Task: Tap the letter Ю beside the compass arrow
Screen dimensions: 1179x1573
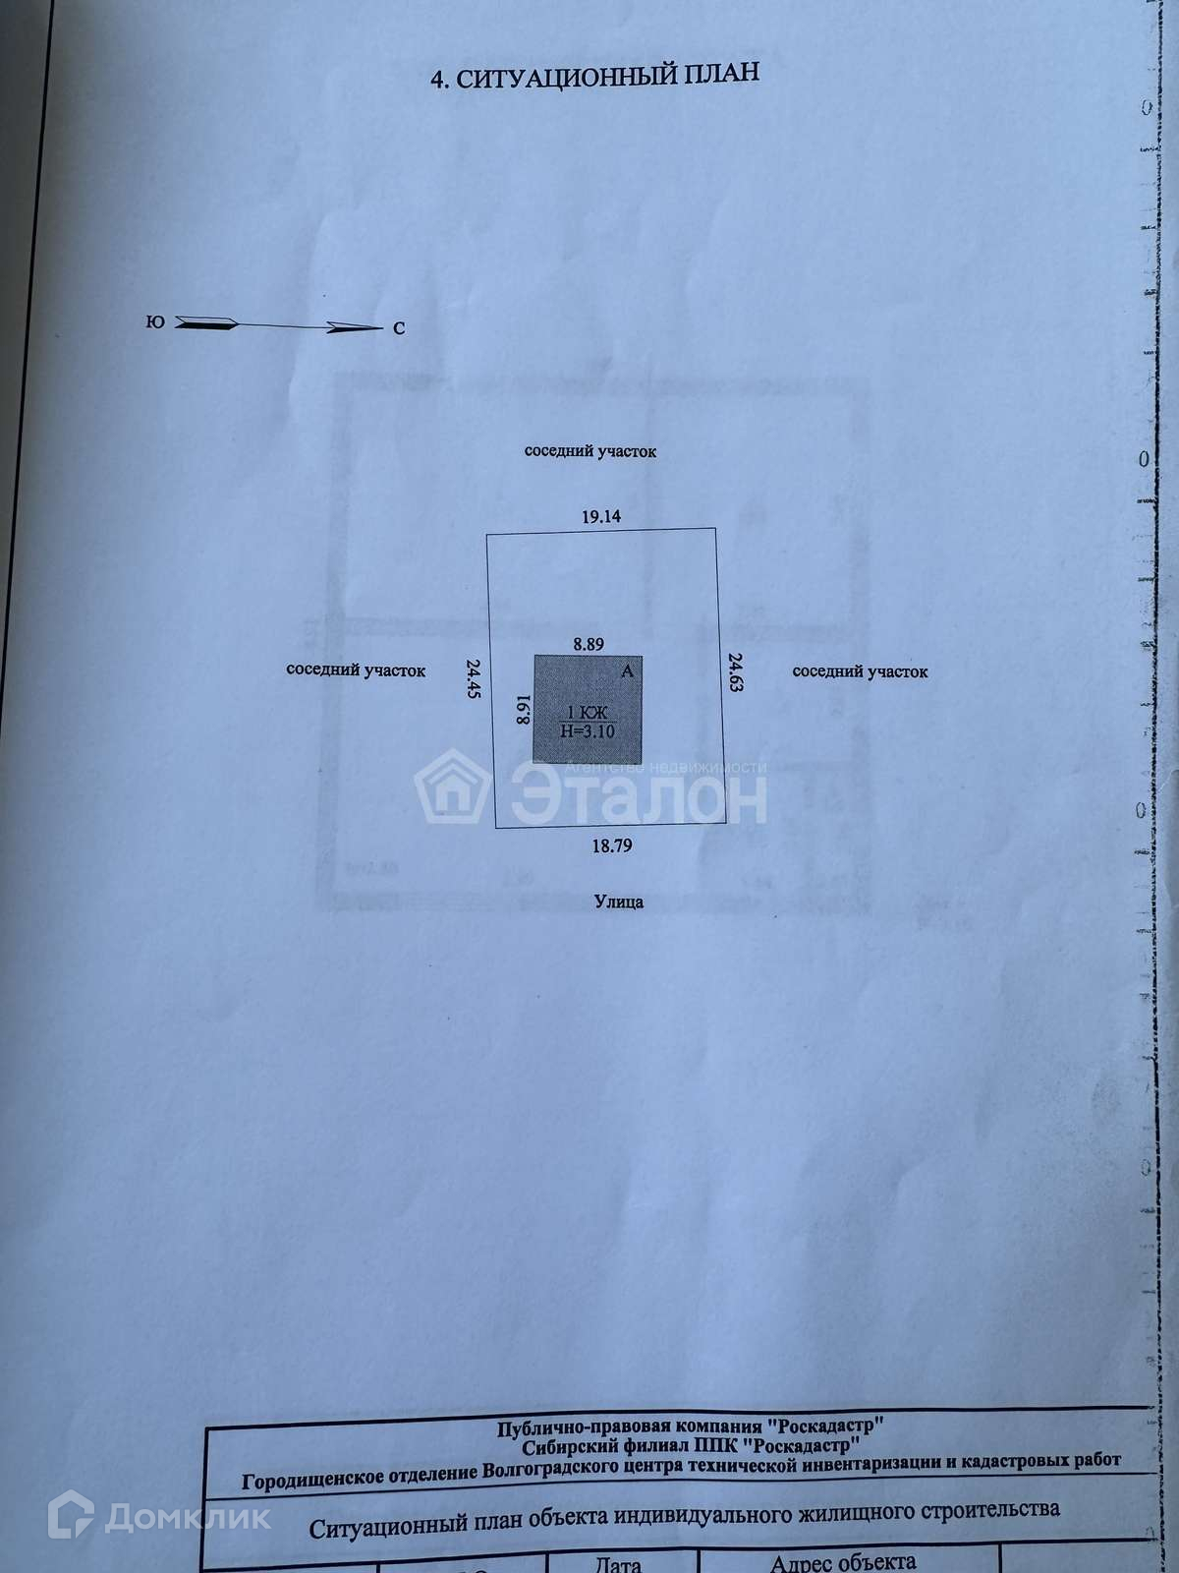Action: (x=155, y=321)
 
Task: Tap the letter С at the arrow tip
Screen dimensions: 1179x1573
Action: (x=399, y=329)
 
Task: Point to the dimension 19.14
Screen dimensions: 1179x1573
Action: (x=601, y=516)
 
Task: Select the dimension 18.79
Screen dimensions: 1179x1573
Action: (x=611, y=845)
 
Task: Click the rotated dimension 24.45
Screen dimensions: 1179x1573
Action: (x=473, y=678)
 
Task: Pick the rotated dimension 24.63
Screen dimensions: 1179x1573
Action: (x=734, y=671)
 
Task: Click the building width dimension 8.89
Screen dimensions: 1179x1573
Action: (x=589, y=644)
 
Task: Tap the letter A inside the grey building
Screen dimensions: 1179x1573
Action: (x=628, y=672)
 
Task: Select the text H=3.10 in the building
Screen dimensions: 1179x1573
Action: (x=587, y=730)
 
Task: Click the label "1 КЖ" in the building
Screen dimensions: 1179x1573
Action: (x=588, y=713)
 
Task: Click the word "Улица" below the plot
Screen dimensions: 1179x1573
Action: (x=619, y=901)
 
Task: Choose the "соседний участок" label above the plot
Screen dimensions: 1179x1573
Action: (x=589, y=452)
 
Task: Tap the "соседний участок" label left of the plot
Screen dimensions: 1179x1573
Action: (x=356, y=670)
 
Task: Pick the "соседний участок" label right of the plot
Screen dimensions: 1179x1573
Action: (x=860, y=671)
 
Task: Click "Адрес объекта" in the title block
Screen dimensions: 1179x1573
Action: (x=843, y=1561)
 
